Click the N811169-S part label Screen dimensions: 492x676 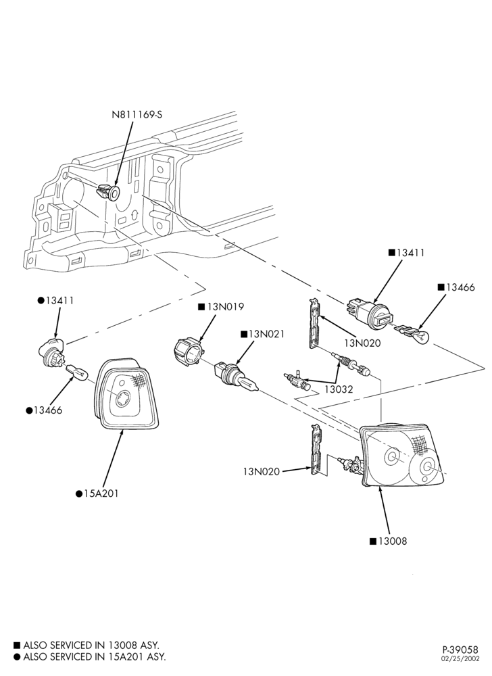click(137, 115)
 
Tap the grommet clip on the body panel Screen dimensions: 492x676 click(108, 192)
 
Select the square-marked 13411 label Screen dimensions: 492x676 click(406, 253)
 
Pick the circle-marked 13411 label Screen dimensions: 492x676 click(55, 301)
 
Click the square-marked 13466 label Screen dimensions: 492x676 click(456, 287)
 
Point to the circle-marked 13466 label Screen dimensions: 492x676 click(44, 410)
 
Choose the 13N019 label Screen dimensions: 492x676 click(221, 307)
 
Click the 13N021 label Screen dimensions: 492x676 click(263, 334)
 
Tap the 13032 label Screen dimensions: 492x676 click(339, 389)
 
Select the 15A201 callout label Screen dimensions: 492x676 click(97, 493)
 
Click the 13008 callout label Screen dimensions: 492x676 click(388, 541)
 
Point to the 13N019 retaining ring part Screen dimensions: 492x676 click(188, 352)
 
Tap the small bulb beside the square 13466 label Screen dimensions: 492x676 click(413, 333)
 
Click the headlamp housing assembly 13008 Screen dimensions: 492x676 click(403, 455)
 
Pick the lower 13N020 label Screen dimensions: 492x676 click(262, 472)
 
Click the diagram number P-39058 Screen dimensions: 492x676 click(460, 649)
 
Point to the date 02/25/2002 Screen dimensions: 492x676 click(460, 658)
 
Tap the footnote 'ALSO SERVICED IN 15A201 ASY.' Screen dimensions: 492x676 click(90, 656)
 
